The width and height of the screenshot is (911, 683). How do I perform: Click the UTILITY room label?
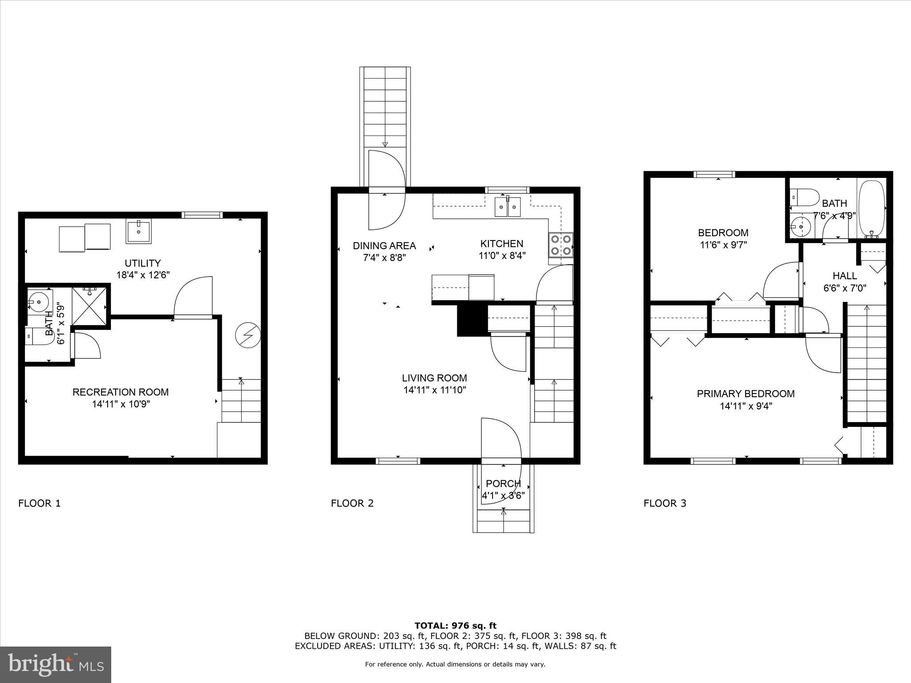(142, 263)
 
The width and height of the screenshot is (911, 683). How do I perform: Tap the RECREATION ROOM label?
(120, 392)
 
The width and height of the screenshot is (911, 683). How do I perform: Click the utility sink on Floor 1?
(139, 231)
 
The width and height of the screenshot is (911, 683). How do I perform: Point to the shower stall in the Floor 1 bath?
(89, 306)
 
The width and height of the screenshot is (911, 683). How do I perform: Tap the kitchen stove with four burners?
(560, 245)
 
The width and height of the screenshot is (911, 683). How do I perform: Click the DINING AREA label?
(384, 246)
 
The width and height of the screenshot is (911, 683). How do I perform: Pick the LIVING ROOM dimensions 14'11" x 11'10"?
(434, 390)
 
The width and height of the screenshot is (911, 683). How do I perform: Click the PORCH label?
(503, 483)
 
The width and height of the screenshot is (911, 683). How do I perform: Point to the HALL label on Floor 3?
(845, 276)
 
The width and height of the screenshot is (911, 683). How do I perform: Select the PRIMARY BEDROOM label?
(746, 394)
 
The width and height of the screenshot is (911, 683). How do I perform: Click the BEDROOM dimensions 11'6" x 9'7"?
(723, 245)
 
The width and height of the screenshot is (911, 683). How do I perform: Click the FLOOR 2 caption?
(352, 503)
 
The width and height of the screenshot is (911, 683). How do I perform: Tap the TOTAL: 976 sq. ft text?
(455, 626)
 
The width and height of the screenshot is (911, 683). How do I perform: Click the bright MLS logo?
(56, 664)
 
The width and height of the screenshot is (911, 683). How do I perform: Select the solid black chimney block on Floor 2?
(472, 319)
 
